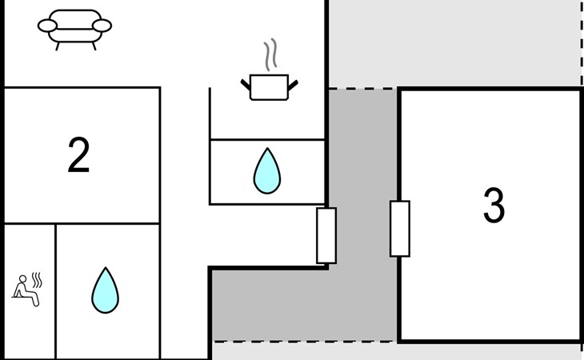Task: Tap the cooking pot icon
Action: [269, 87]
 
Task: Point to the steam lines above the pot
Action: [270, 54]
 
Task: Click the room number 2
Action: [78, 154]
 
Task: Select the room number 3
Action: [494, 205]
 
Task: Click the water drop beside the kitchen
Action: [267, 171]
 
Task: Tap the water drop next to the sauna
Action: [106, 290]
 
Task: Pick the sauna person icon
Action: [26, 290]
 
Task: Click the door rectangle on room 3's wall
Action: [400, 229]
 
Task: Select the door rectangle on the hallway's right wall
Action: [326, 236]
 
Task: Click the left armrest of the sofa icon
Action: [47, 26]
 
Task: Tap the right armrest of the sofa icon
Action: [102, 26]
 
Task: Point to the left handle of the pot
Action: [246, 85]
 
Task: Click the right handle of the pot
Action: [293, 86]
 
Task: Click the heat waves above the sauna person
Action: [37, 280]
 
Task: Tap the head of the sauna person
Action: [22, 279]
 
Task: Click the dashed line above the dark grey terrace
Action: [362, 89]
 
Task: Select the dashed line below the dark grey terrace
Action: [304, 341]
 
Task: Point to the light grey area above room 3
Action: [454, 43]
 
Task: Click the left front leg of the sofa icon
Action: [58, 46]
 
